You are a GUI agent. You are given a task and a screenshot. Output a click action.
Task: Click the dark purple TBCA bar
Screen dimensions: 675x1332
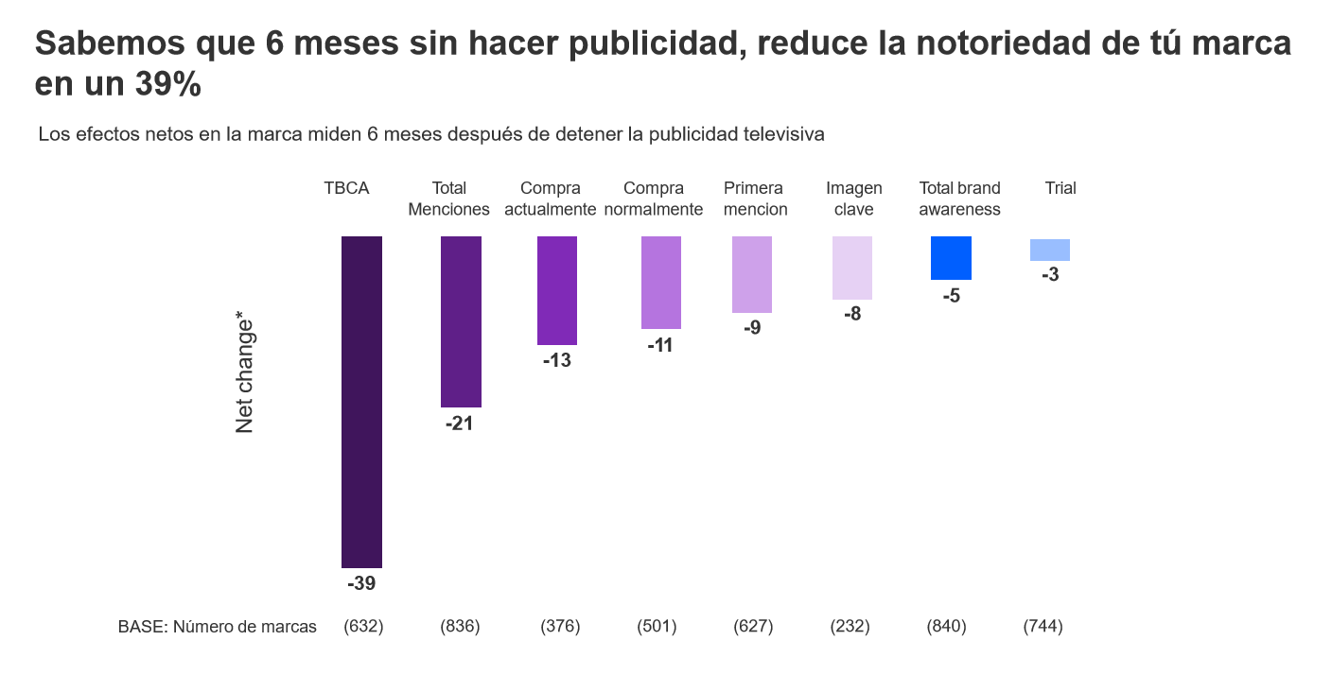point(361,402)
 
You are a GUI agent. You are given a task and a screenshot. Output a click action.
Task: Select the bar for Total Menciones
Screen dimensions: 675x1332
point(461,321)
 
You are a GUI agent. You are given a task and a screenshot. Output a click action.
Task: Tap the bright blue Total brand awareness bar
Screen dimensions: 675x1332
point(951,258)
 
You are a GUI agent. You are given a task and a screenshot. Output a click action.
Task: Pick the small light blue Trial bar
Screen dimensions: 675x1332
point(1050,250)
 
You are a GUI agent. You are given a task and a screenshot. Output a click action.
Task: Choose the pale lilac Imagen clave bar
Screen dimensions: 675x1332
point(852,268)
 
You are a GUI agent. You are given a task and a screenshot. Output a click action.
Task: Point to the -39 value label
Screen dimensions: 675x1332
point(361,584)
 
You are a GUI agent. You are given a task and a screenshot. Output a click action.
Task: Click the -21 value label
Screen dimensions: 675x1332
point(459,424)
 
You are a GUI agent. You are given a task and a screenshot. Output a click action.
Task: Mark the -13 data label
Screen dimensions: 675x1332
point(557,361)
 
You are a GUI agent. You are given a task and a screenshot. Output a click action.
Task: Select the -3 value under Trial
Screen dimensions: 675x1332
point(1049,276)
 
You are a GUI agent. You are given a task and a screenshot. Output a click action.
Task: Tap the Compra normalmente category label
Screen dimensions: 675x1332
point(654,199)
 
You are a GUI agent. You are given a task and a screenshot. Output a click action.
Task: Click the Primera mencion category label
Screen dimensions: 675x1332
point(755,199)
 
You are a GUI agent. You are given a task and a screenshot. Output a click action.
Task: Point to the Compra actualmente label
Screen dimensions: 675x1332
point(551,199)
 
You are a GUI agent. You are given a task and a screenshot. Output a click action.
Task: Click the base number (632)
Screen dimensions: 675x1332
point(363,627)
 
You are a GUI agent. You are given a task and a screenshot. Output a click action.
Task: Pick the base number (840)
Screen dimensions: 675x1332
point(946,627)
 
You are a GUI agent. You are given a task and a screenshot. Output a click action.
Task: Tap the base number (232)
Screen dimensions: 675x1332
point(850,627)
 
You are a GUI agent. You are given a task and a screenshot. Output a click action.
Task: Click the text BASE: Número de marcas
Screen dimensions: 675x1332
point(218,627)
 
